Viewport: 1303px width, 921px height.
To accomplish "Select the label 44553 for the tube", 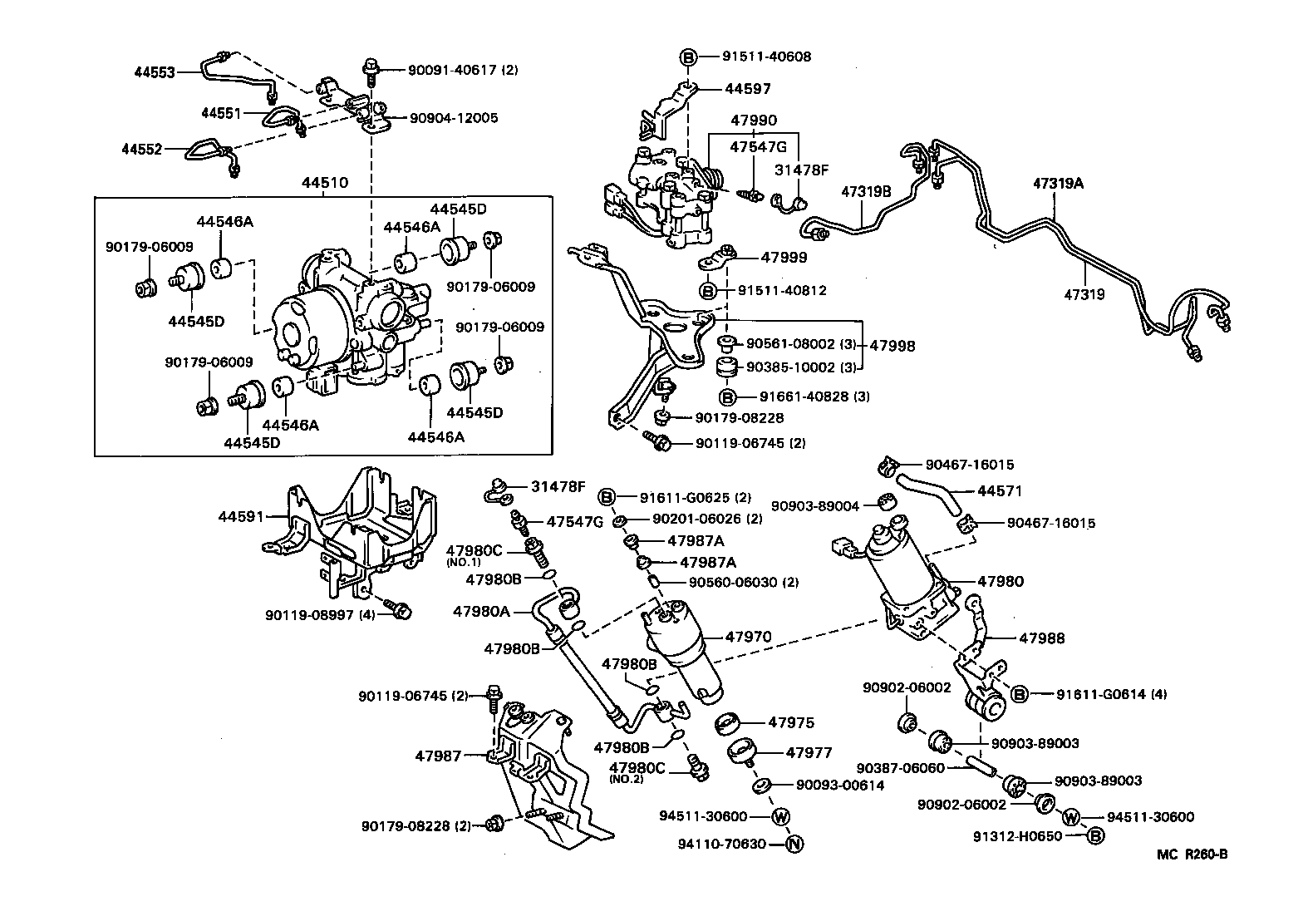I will point(155,72).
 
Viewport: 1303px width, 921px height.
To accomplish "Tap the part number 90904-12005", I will point(454,118).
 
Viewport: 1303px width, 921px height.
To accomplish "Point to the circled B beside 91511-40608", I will point(689,57).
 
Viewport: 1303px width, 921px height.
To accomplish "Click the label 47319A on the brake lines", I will point(1058,184).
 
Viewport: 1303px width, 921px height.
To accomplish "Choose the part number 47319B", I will point(866,190).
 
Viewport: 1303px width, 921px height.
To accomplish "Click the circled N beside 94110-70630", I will point(794,844).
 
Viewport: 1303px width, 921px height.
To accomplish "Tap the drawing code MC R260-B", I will point(1194,854).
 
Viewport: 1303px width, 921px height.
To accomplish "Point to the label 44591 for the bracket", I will point(242,517).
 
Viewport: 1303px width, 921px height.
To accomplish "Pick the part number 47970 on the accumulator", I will point(748,637).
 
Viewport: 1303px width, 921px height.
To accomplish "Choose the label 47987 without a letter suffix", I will point(438,756).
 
